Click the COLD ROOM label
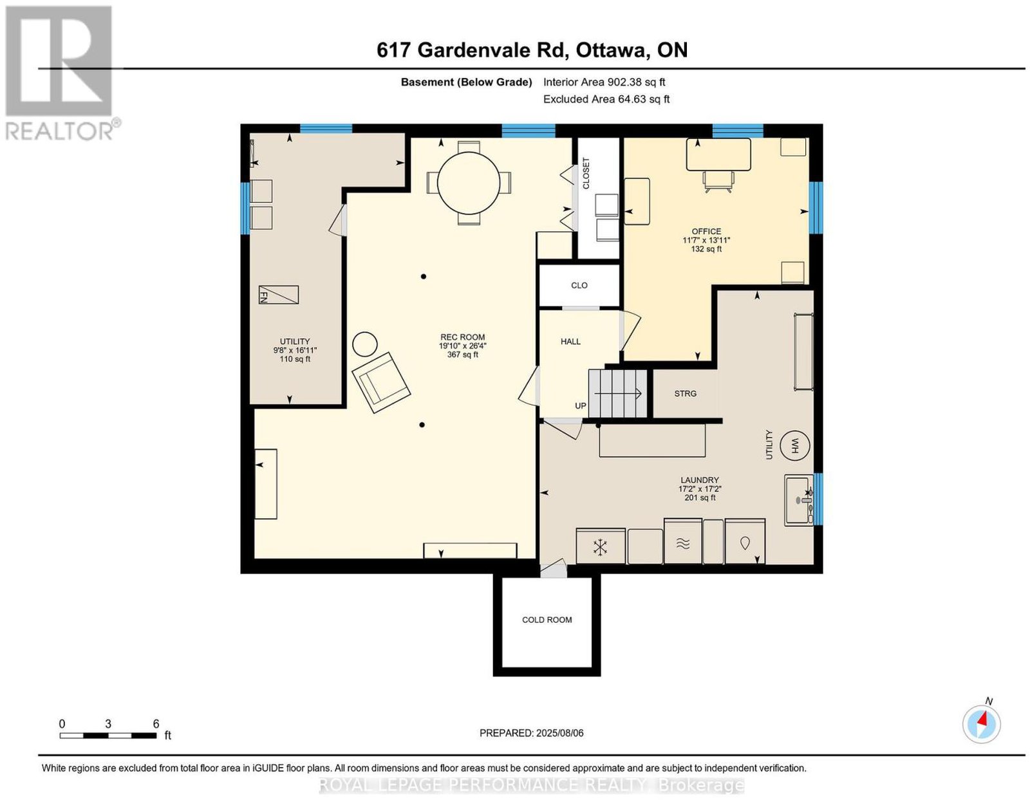click(547, 620)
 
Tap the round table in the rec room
click(468, 183)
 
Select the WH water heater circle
click(795, 446)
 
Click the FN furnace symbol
click(278, 295)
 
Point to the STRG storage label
click(685, 394)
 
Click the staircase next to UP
click(617, 393)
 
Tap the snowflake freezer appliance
click(600, 546)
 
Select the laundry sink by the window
click(799, 500)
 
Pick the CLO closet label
click(579, 285)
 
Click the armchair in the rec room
click(381, 382)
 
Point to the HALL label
click(570, 342)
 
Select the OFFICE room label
click(706, 231)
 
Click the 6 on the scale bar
click(156, 724)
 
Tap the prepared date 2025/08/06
click(559, 733)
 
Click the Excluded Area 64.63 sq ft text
click(606, 99)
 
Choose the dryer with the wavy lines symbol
click(682, 541)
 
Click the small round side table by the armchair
click(364, 344)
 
